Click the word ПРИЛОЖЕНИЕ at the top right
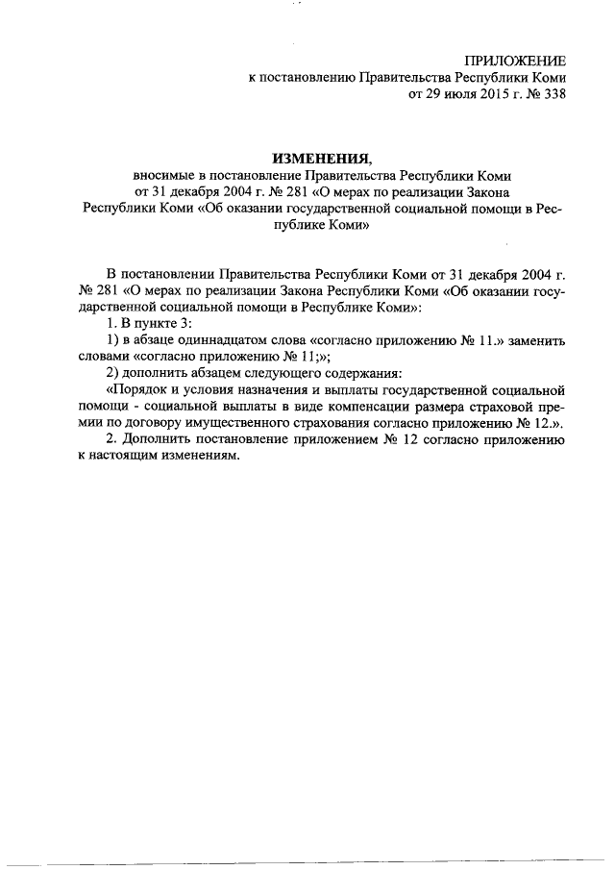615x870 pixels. (x=516, y=60)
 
